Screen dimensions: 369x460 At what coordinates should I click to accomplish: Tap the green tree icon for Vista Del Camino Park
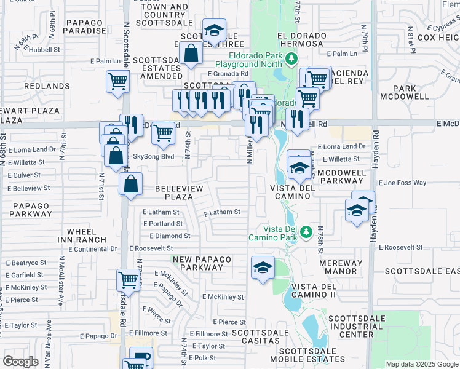point(304,232)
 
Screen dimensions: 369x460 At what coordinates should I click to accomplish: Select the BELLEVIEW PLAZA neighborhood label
point(174,192)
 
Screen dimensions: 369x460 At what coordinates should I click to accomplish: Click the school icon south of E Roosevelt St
point(263,268)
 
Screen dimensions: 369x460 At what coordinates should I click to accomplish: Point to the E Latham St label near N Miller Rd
point(222,212)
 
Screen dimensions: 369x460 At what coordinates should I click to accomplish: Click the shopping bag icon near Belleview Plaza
point(131,184)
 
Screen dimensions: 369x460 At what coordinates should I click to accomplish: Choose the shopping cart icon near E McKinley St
point(129,280)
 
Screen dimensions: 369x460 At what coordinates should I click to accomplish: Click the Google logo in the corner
point(20,362)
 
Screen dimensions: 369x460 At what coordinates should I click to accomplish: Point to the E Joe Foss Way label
point(402,183)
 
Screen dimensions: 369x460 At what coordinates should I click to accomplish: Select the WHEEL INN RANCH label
point(82,236)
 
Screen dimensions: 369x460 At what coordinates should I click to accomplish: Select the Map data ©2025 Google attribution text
point(422,364)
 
